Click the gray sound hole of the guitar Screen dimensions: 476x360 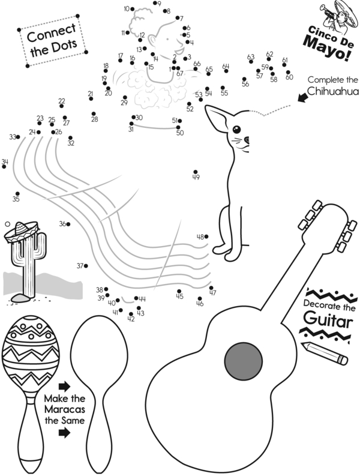point(244,360)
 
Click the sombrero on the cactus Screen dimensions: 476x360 point(22,230)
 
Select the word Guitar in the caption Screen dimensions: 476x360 point(326,319)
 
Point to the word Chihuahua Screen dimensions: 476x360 point(332,91)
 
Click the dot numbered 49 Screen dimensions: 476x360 point(196,172)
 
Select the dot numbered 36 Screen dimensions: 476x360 point(68,224)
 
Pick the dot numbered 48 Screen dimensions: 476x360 point(207,236)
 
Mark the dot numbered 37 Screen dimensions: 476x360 point(86,265)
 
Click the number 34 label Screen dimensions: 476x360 point(5,161)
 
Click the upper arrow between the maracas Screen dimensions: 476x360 point(64,385)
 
